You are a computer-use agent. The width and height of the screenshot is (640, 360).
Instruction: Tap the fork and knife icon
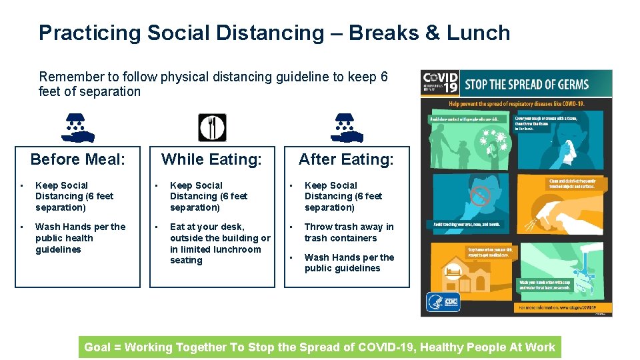coord(213,127)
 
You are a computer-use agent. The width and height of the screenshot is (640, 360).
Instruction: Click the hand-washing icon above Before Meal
coord(78,127)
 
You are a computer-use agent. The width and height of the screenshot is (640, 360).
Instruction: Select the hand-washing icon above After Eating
coord(347,127)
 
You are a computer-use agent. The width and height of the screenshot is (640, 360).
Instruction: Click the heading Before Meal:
coord(78,159)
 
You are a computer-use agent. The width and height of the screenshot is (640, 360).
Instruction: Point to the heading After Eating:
coord(346,159)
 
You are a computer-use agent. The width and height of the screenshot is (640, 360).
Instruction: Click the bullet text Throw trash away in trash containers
coord(349,232)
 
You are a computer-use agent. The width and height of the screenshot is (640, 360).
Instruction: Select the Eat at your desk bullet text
coord(220,243)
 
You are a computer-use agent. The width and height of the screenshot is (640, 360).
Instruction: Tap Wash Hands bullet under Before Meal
coord(80,238)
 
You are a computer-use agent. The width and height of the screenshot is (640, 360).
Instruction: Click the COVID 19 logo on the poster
coord(440,84)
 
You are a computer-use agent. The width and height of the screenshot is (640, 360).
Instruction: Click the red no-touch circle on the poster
coord(481,196)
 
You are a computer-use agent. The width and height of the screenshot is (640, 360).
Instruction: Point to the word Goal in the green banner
coord(97,347)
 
